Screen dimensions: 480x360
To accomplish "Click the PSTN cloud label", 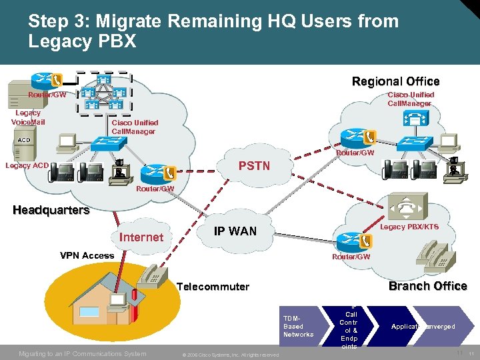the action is click(x=254, y=165).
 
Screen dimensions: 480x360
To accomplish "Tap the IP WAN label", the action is click(x=235, y=231).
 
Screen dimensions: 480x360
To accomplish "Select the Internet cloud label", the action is click(x=141, y=237).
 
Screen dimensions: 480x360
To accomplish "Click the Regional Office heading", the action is click(x=395, y=81).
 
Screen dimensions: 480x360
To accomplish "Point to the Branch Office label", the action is click(x=427, y=286).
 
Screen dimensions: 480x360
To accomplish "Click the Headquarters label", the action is click(x=51, y=210).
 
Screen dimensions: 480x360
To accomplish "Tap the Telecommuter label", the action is click(x=213, y=287).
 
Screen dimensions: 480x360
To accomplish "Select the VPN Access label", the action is click(x=87, y=255).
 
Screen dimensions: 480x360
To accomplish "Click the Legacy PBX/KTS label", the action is click(x=409, y=227).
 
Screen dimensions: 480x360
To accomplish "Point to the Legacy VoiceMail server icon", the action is click(x=18, y=95).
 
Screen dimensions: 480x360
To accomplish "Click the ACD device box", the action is click(x=24, y=140).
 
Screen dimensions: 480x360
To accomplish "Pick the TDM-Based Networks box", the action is click(x=299, y=326).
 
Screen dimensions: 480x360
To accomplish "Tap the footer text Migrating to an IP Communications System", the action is click(x=82, y=353).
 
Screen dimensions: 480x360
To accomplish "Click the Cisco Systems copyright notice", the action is click(x=230, y=354).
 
